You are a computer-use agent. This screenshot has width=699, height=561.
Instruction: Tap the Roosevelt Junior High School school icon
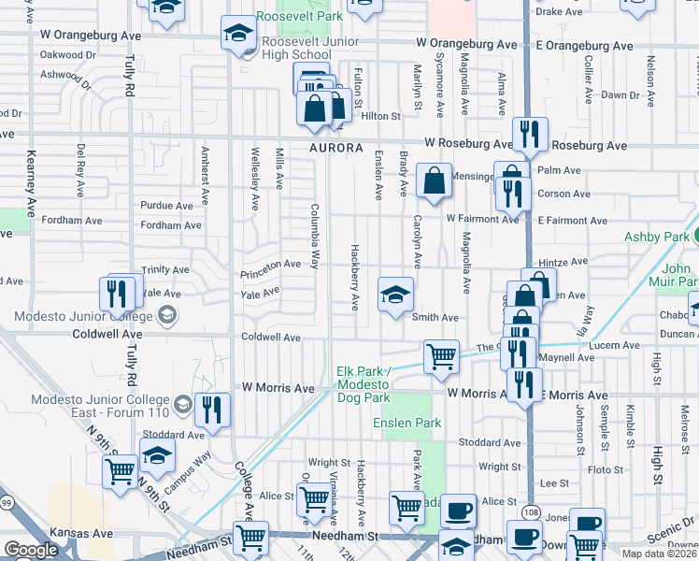(238, 36)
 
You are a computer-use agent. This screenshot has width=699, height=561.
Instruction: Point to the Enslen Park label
(407, 423)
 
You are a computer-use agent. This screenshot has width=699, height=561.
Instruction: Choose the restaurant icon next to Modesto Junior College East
(214, 409)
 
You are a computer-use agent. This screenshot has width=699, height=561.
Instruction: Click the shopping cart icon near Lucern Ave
(441, 355)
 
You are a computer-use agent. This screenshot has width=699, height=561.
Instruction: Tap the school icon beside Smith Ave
(395, 295)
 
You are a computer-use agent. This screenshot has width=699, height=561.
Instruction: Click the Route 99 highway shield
(7, 529)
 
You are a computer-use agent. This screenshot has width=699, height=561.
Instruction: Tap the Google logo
(30, 549)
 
